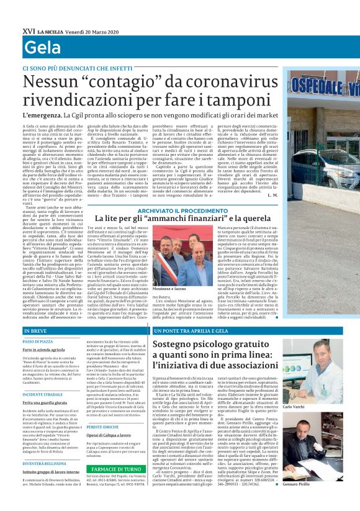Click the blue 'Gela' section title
point(40,47)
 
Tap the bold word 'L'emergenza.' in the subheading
point(42,115)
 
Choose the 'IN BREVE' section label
point(36,331)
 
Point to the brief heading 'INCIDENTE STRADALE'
point(43,394)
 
